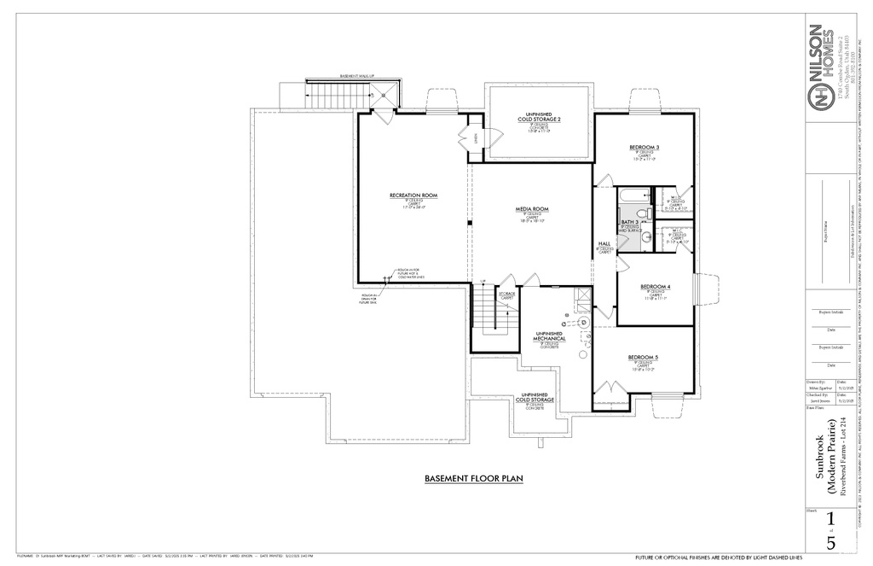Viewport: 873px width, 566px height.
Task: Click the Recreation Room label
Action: (x=413, y=195)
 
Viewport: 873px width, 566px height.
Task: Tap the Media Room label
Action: (x=531, y=209)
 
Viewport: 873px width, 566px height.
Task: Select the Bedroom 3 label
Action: (x=644, y=148)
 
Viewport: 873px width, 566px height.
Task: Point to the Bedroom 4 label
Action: (x=655, y=286)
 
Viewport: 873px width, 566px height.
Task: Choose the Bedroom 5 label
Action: (x=643, y=357)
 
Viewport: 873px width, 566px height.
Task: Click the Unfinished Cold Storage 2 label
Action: (x=540, y=117)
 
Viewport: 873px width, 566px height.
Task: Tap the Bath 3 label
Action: (x=629, y=222)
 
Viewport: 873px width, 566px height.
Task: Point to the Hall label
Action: (x=604, y=243)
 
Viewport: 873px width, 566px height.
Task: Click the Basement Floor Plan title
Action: (x=473, y=479)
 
